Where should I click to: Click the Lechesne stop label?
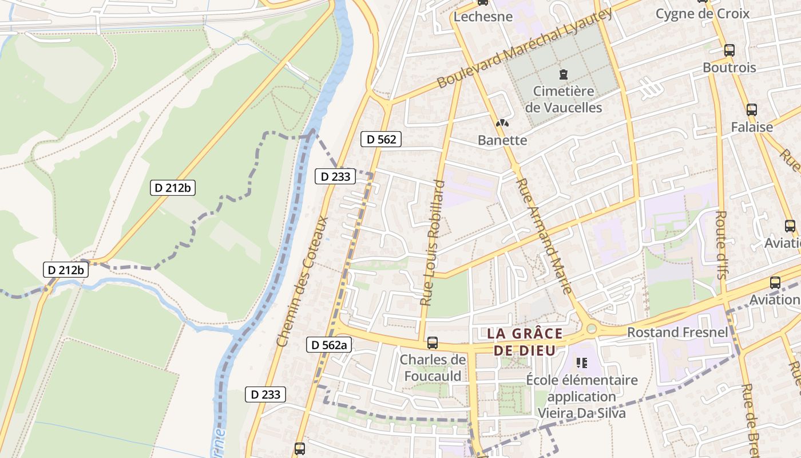483,17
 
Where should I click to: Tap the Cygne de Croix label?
702,14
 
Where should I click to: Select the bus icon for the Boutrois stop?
729,50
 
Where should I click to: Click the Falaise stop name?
751,127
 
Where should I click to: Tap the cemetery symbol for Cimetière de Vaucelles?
564,74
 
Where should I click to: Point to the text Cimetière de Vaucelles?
563,99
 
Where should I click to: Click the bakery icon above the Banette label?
502,123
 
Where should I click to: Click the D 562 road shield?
381,139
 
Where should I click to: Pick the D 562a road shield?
329,345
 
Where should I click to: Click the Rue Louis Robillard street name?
433,243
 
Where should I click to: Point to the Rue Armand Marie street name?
544,235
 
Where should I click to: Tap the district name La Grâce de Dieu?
525,342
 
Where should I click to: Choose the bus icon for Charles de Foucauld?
433,343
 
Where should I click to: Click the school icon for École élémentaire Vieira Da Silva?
582,362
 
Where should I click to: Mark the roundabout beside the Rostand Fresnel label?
592,329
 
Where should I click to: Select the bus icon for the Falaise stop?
751,109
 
